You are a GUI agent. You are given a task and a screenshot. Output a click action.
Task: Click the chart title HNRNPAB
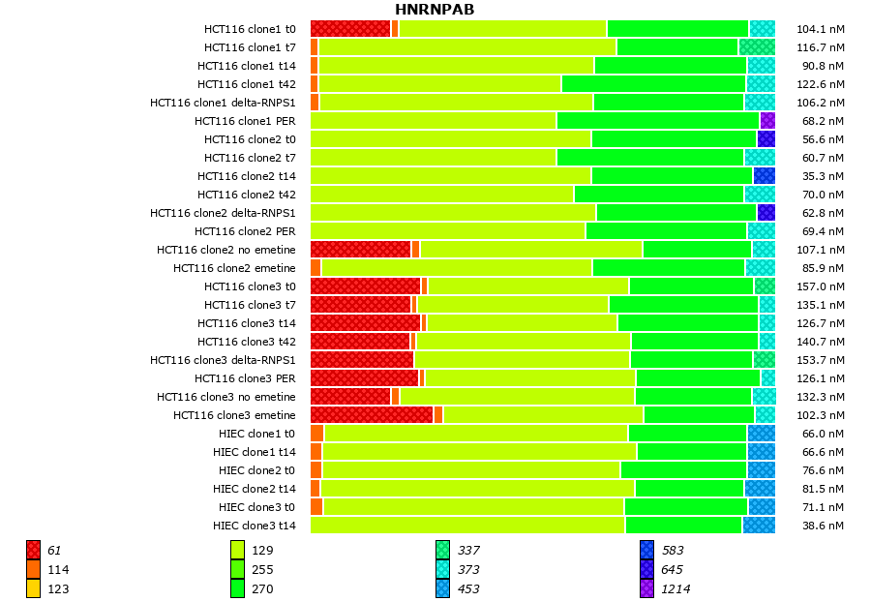pos(435,10)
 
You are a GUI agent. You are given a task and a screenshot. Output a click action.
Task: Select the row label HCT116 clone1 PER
pos(245,121)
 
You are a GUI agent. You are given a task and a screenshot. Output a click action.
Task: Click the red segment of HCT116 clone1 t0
pos(350,29)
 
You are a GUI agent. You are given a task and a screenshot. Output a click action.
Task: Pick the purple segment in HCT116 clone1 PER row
pos(767,121)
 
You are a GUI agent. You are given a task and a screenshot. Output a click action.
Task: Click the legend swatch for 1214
pos(646,588)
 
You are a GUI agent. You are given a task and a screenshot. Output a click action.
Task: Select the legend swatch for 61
pos(33,550)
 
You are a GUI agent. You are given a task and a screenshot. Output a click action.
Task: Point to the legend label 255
pos(262,570)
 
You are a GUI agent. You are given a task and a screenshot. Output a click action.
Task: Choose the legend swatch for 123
pos(33,588)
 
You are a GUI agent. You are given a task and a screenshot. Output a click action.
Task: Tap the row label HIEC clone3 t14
pos(254,526)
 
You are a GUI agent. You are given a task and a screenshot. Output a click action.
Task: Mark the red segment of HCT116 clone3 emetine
pos(372,415)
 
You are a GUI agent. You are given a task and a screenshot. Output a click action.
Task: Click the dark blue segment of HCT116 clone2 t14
pos(764,176)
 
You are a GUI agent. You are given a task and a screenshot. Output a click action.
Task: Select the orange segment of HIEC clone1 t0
pos(316,434)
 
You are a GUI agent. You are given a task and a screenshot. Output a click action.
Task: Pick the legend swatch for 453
pos(442,588)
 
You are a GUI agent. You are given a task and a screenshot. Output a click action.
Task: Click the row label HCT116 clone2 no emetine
pos(226,250)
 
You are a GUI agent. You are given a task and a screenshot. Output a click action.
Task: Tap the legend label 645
pos(672,570)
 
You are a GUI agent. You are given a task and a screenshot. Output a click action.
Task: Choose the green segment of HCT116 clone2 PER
pos(666,231)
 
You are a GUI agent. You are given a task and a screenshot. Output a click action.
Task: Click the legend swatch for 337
pos(442,550)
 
